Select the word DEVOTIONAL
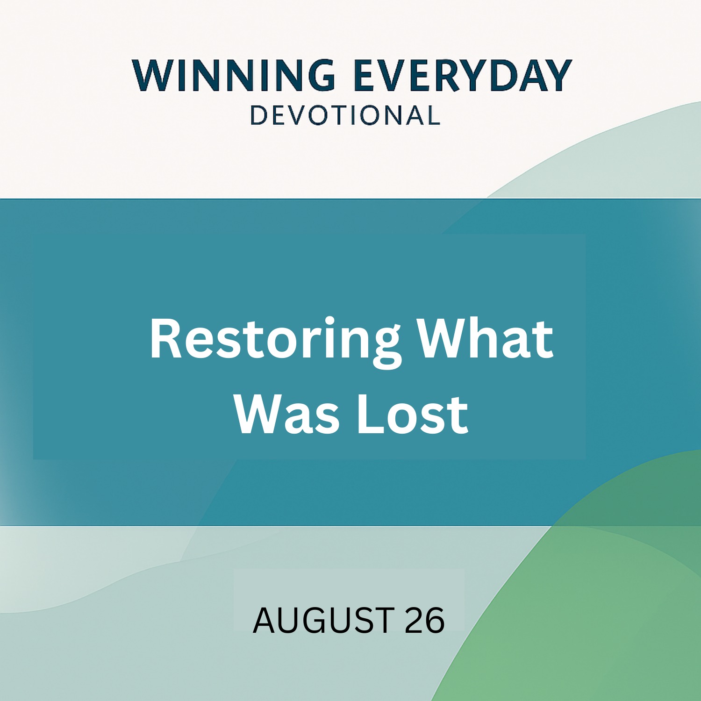[x=345, y=115]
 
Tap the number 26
[x=424, y=620]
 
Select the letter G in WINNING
[x=320, y=75]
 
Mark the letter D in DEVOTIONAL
[x=259, y=115]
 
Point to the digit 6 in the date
[x=435, y=620]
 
